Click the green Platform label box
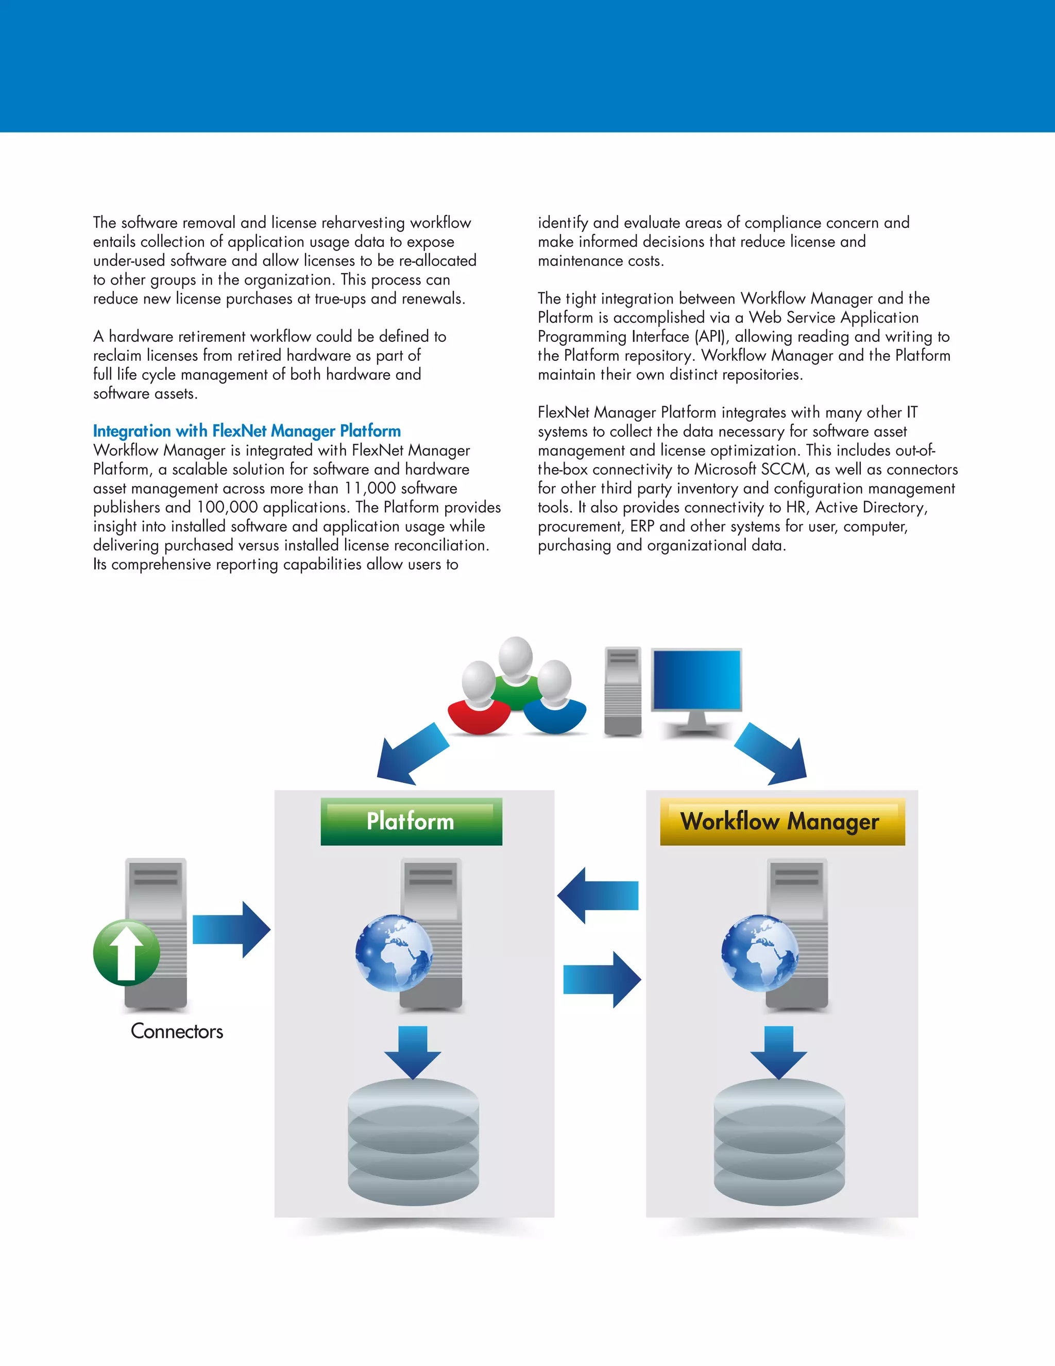click(x=411, y=821)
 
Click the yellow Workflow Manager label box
click(x=782, y=821)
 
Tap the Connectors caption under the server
click(x=177, y=1031)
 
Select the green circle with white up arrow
click(x=126, y=953)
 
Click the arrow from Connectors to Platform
click(x=231, y=929)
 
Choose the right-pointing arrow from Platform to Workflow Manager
click(x=602, y=979)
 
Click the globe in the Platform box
click(x=394, y=953)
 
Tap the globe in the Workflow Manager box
click(x=759, y=953)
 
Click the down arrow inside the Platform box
click(x=413, y=1052)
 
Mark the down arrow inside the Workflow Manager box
click(x=779, y=1052)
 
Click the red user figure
click(x=480, y=714)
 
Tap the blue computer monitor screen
click(x=696, y=679)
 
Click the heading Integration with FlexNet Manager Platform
click(x=247, y=431)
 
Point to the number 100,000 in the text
click(x=227, y=507)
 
